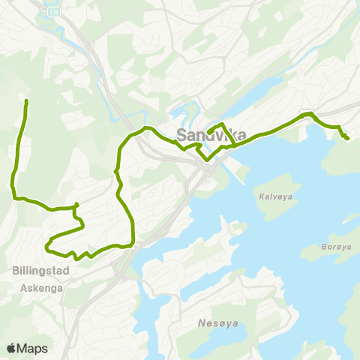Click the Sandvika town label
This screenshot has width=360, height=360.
(x=203, y=136)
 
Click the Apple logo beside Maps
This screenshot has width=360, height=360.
(x=11, y=348)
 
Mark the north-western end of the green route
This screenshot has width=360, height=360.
(x=27, y=101)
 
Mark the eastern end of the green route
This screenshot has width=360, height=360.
(x=347, y=138)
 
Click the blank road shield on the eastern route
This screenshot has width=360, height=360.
(x=304, y=113)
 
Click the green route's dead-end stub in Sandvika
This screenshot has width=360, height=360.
(x=211, y=131)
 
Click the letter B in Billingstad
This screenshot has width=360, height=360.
(x=16, y=272)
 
